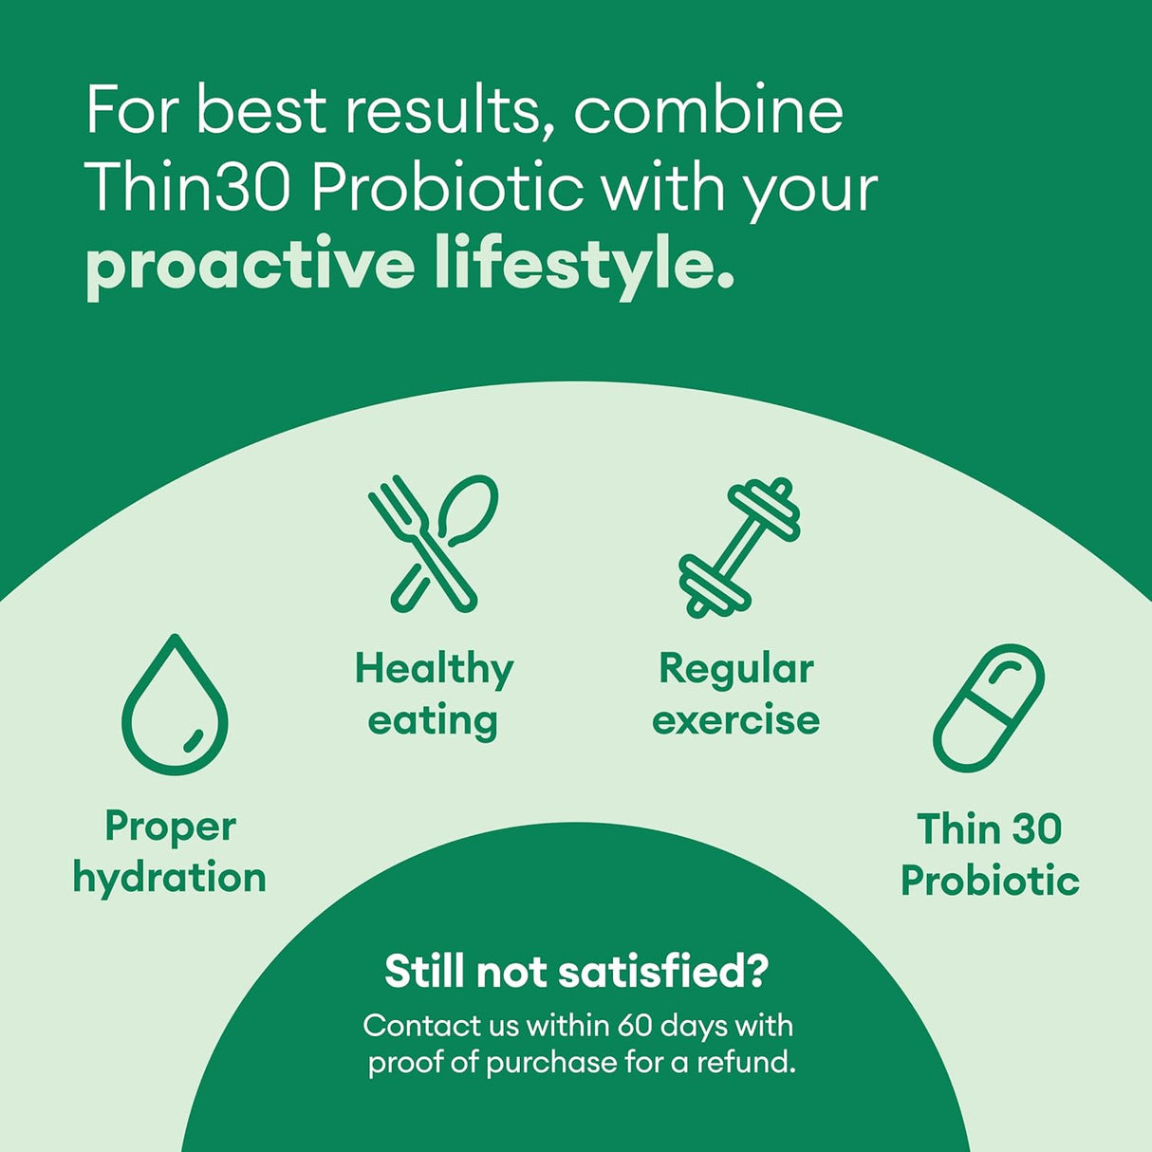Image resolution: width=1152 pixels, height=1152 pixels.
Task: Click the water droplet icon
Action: point(175,706)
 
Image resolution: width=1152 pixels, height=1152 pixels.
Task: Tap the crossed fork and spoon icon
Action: point(434,544)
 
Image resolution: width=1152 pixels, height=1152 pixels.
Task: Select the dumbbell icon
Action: point(739,548)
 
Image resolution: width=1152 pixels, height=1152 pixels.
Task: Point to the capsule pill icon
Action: point(989,708)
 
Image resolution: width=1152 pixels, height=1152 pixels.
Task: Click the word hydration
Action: point(170,879)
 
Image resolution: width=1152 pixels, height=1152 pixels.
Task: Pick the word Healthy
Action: point(434,670)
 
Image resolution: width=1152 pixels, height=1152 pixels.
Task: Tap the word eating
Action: point(433,721)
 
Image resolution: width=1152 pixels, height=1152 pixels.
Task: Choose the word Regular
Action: point(736,670)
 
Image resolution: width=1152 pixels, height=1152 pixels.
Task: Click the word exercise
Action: point(736,721)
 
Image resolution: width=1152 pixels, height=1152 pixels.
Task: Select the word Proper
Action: point(171,827)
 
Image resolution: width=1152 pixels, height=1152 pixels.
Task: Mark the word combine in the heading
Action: point(708,110)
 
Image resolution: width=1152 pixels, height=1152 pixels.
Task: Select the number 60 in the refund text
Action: point(635,1026)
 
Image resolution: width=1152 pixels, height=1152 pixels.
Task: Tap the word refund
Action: point(746,1062)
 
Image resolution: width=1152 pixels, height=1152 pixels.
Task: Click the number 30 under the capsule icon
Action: point(1036,829)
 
